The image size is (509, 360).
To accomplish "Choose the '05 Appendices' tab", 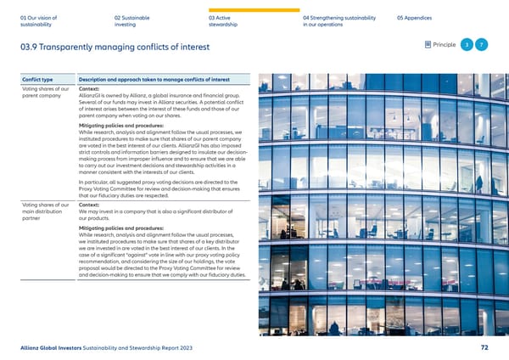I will (x=417, y=16).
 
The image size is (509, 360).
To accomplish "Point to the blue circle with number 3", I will (x=466, y=44).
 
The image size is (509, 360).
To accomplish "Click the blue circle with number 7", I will (x=481, y=44).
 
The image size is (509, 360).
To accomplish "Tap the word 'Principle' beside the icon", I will (x=444, y=44).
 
